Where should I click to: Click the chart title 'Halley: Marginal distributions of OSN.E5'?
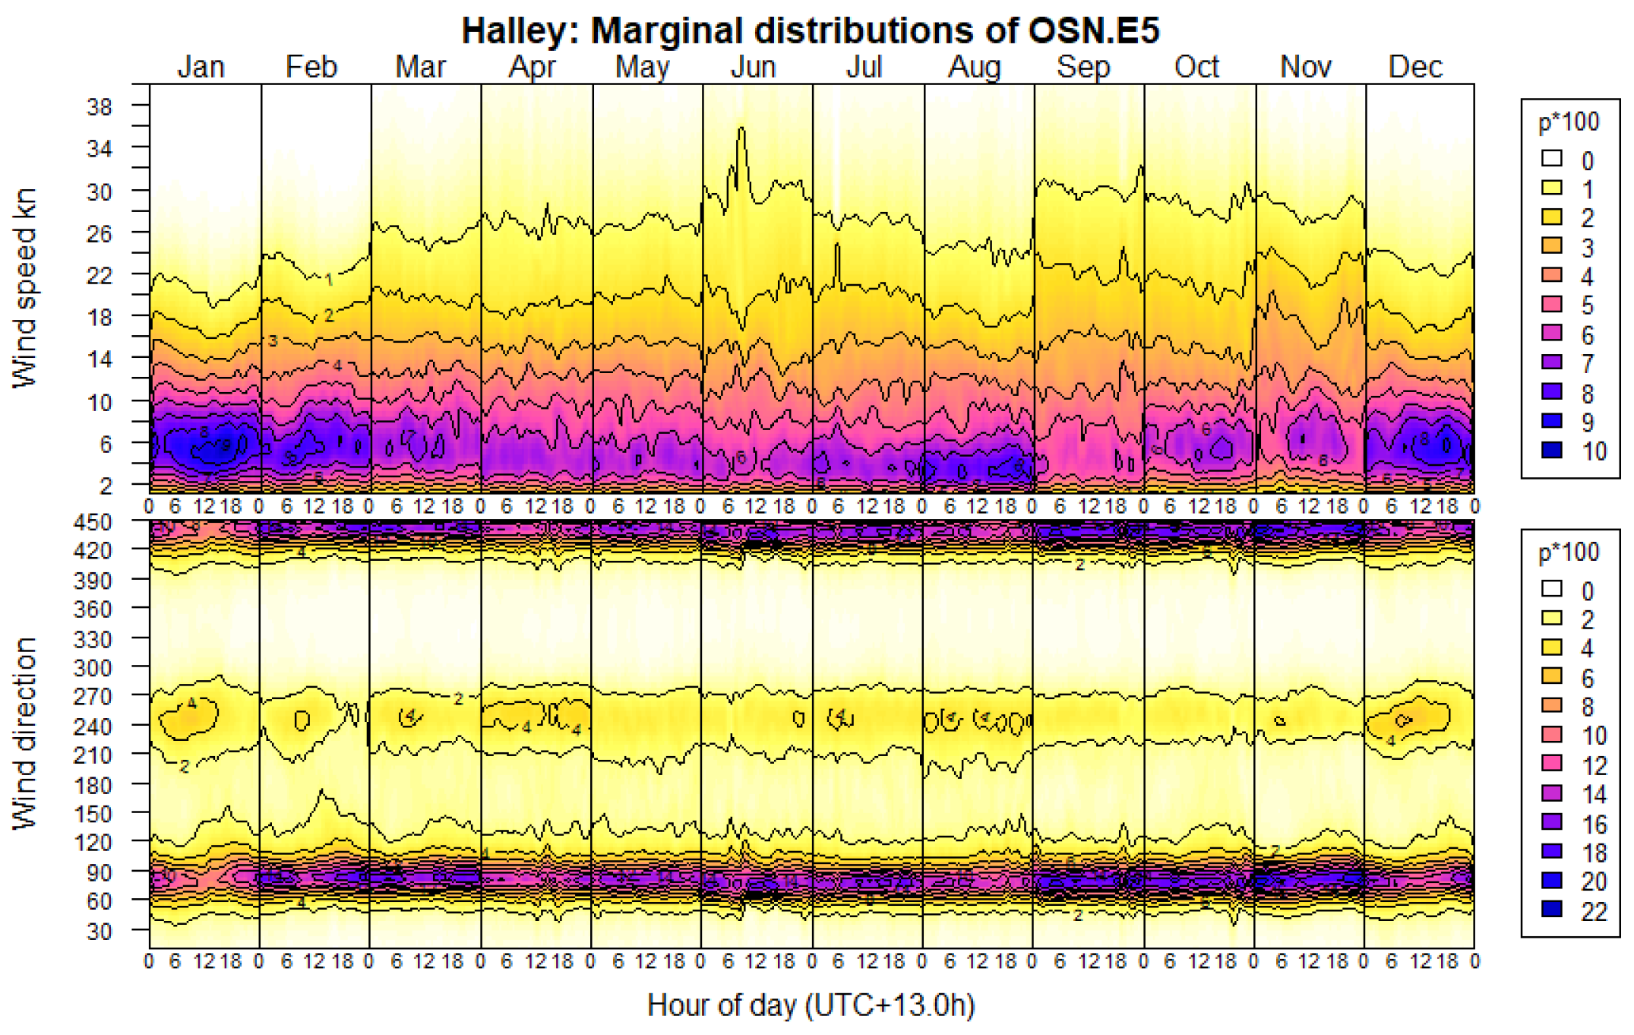(810, 30)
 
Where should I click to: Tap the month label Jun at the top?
(753, 67)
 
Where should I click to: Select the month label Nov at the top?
(1305, 67)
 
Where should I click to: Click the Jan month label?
(201, 67)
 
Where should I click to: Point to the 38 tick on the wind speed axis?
(100, 106)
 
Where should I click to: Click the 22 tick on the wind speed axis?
(100, 275)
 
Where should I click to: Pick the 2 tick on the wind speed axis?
(105, 485)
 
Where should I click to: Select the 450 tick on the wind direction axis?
(93, 522)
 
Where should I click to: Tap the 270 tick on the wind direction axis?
(93, 696)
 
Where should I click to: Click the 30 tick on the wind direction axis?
(98, 931)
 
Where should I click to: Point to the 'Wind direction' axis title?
(25, 733)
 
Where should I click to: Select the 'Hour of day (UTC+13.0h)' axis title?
(810, 1005)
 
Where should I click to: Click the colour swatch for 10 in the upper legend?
(1551, 451)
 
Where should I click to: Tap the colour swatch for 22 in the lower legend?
(1551, 910)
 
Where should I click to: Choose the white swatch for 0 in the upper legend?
(1551, 159)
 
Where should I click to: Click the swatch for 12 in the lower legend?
(1551, 764)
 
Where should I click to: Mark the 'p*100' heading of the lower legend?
(1568, 552)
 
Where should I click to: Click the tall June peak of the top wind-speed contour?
(741, 131)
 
